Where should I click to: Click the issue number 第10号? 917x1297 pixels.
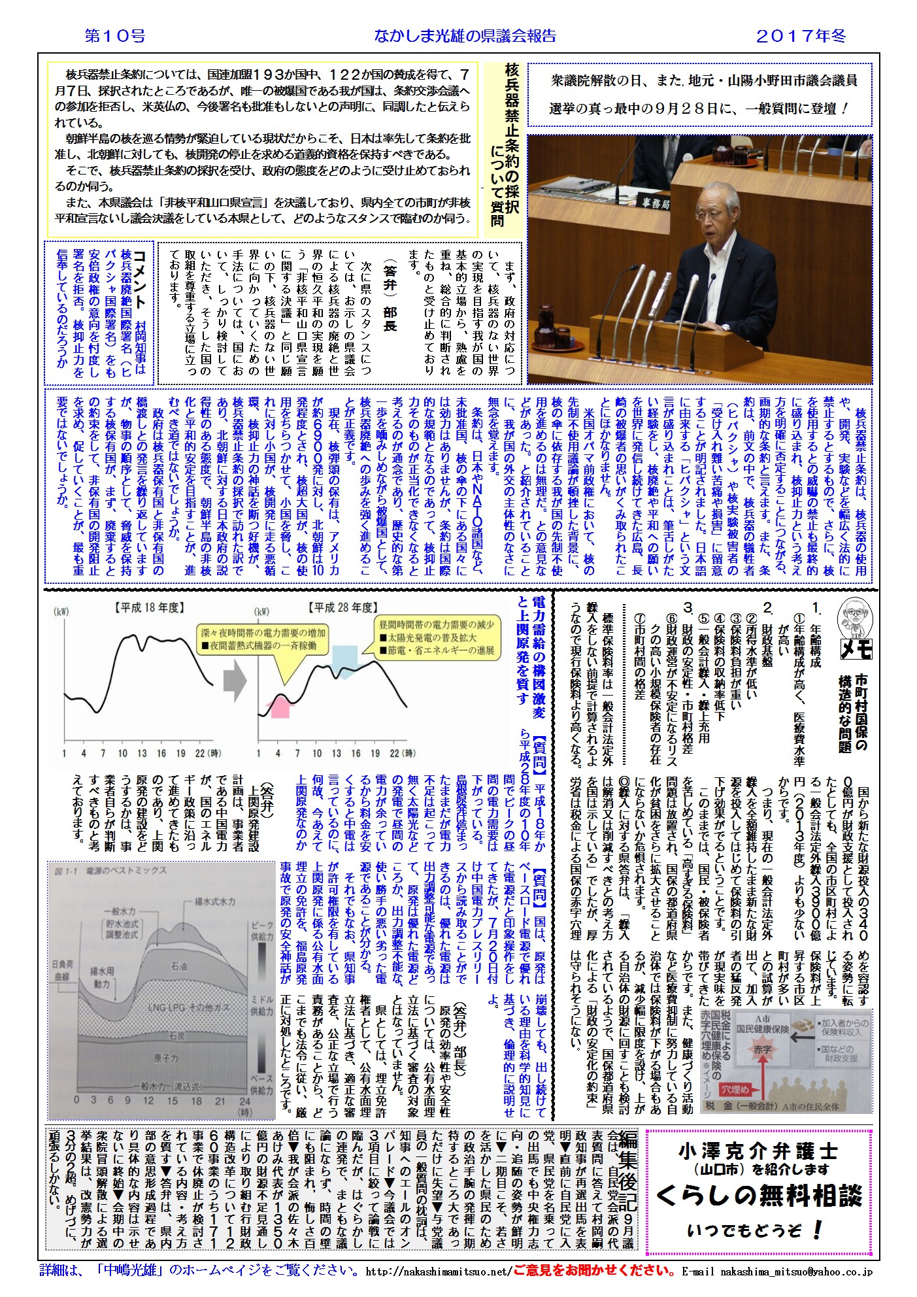pos(115,36)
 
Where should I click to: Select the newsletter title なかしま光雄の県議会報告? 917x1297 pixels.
pos(465,37)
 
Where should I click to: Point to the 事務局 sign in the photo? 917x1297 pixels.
pos(655,203)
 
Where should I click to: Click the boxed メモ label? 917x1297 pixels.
pos(855,648)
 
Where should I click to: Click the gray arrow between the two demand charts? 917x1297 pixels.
pos(235,681)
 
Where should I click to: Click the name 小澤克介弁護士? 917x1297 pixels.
pos(758,1151)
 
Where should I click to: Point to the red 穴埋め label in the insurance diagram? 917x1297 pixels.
pos(737,1090)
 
